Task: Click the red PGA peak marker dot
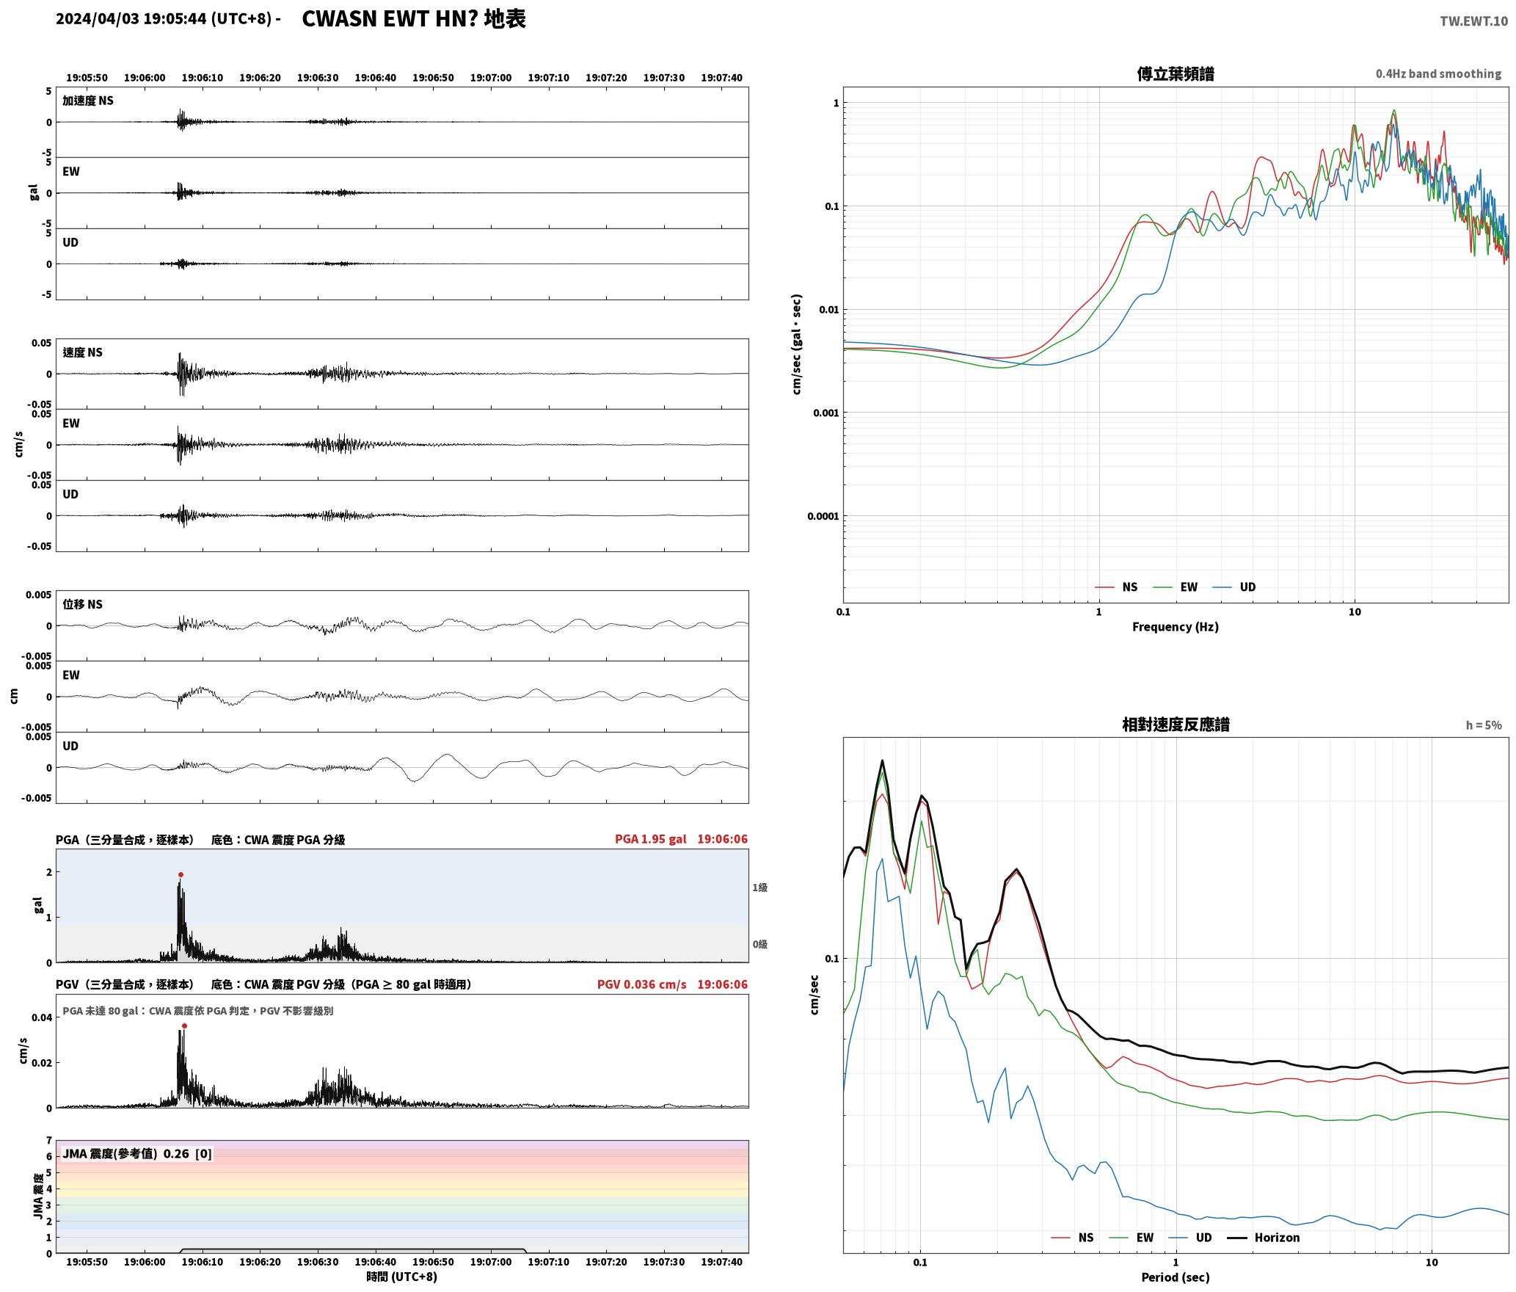tap(181, 874)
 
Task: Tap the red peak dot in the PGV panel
tap(184, 1026)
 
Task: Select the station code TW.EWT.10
tap(1473, 21)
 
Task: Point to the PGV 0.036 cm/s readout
tap(642, 984)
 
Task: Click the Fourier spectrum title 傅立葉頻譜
tap(1176, 73)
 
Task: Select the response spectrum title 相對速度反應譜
tap(1176, 725)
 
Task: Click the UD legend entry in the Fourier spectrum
tap(1234, 587)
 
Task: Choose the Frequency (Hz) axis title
tap(1176, 626)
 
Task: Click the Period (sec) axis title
tap(1176, 1277)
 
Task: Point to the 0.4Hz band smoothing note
tap(1438, 73)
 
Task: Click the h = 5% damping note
tap(1484, 725)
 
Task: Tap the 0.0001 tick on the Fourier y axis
tap(823, 516)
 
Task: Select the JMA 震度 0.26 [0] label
tap(137, 1153)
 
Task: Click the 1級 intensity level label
tap(759, 888)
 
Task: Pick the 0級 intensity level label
tap(759, 944)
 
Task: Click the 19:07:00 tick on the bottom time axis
tap(491, 1262)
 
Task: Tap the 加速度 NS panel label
tap(88, 101)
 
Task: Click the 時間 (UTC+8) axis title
tap(402, 1277)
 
